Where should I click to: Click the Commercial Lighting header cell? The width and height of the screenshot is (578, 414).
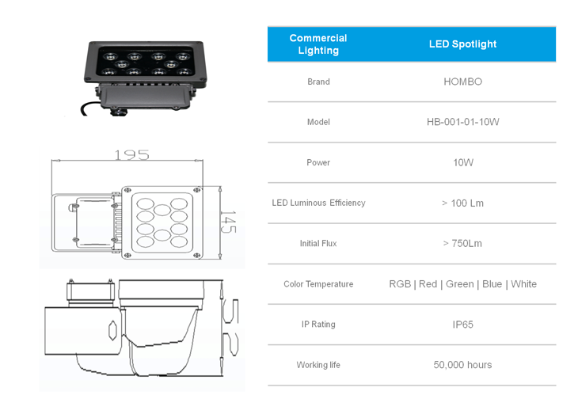318,44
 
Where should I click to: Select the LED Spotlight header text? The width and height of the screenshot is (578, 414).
462,44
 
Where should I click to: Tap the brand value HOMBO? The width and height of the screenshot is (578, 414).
462,82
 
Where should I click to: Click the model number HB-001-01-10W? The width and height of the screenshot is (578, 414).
462,122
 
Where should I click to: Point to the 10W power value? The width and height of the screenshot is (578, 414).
463,162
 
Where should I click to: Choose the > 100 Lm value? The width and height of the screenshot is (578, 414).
462,203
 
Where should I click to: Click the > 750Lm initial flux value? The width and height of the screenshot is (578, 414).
462,243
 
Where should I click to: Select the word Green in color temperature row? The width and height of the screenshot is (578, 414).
460,284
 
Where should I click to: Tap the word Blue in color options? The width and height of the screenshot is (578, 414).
492,284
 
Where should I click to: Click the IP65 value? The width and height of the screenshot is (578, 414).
462,325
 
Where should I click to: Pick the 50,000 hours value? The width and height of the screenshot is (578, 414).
462,365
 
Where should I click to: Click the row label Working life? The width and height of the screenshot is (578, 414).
318,365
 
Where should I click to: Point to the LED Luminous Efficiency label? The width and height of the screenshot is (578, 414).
318,203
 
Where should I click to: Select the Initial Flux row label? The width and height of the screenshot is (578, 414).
318,243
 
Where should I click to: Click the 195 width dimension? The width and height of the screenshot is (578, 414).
132,155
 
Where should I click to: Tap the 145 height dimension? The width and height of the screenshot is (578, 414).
228,222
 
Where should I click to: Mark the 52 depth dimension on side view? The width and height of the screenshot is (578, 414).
231,328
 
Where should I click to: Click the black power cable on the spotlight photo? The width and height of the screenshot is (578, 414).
89,108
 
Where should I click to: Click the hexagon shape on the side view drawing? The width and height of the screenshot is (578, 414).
112,329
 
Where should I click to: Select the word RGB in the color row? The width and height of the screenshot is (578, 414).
400,284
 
